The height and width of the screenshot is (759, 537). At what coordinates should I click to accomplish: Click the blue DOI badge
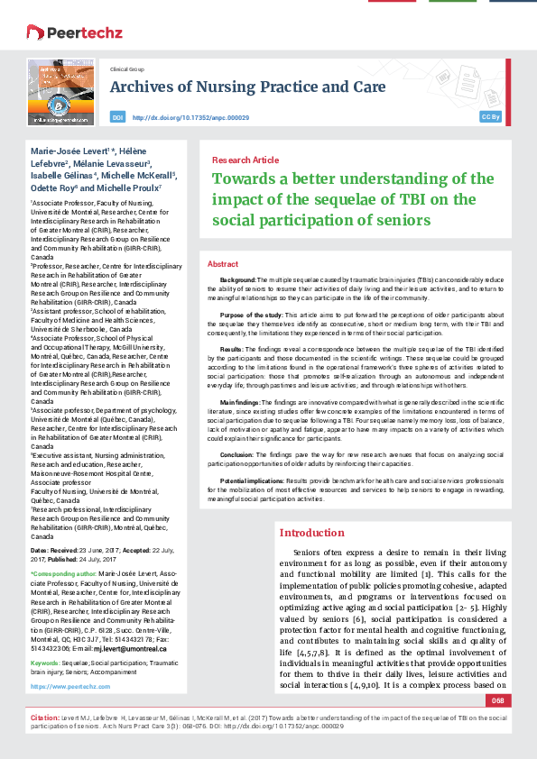(x=117, y=118)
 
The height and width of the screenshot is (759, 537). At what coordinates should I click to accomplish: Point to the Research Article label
(x=245, y=160)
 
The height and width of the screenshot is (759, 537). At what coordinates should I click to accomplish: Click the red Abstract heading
(x=223, y=264)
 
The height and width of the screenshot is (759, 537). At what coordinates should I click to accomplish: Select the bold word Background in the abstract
(x=238, y=281)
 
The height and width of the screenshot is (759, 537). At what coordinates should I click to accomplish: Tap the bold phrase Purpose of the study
(x=252, y=314)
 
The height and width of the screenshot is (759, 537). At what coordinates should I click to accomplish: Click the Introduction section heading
(x=311, y=533)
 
